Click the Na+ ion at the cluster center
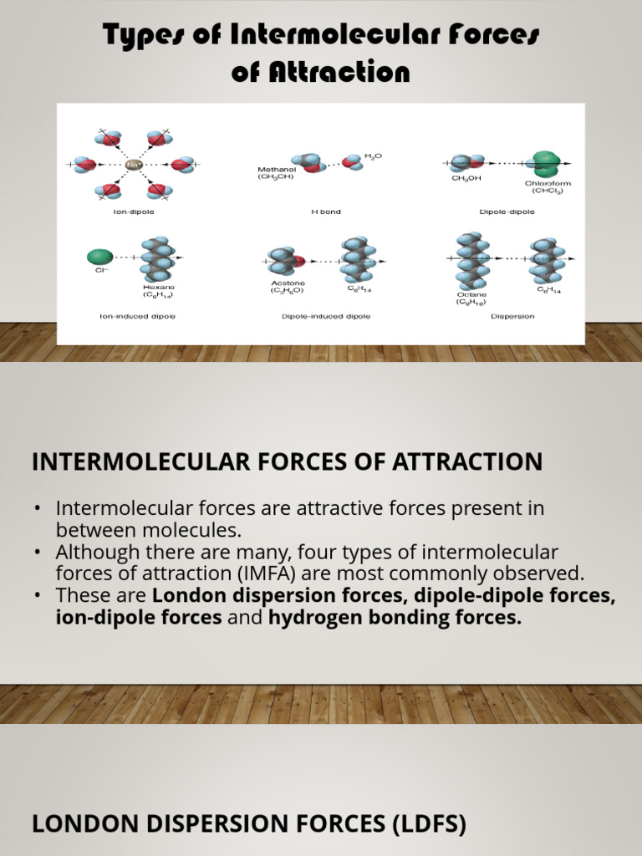[134, 166]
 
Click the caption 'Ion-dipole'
[134, 212]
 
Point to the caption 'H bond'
[325, 212]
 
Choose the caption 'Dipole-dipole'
[507, 212]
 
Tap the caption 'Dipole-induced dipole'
[326, 317]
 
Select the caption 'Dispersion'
[512, 317]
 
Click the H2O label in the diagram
[373, 156]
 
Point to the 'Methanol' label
[276, 170]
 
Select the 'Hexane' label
[157, 286]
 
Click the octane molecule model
[471, 259]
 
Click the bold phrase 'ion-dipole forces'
[139, 618]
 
